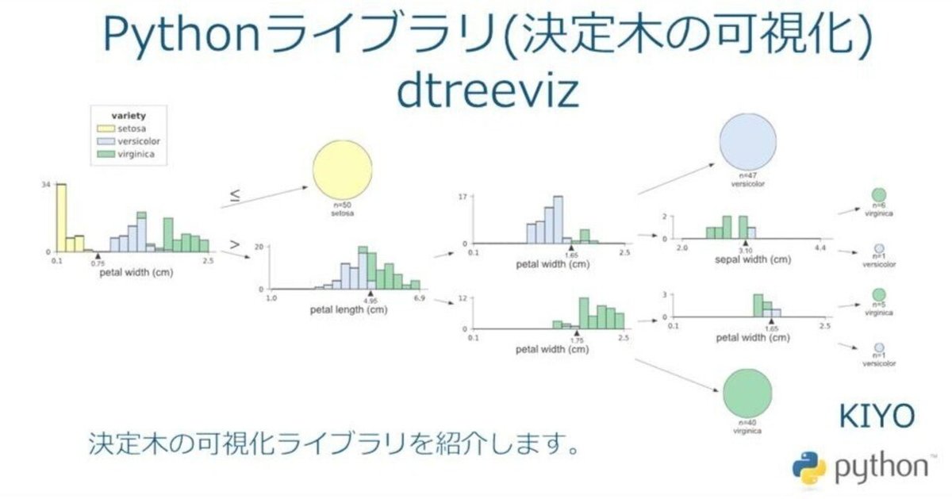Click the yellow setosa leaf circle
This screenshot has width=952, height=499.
[x=342, y=173]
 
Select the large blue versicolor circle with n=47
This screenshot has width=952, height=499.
[x=747, y=141]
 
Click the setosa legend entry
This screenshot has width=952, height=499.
[x=129, y=127]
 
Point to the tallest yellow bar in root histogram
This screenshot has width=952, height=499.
[x=60, y=217]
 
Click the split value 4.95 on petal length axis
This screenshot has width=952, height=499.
[x=370, y=301]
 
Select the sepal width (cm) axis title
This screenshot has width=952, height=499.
[x=751, y=259]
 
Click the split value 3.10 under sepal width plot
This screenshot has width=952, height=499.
[x=745, y=251]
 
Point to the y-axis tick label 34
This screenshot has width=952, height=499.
[x=47, y=185]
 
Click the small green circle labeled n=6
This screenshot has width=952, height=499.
[x=878, y=195]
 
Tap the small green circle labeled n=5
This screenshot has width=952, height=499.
[x=878, y=294]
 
